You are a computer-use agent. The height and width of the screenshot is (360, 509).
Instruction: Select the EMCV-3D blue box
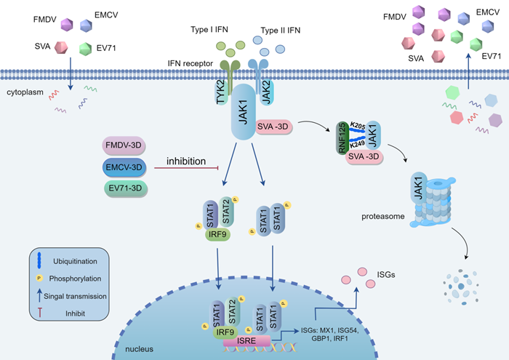[x=122, y=167]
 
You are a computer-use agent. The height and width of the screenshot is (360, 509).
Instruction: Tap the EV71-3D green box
[x=122, y=188]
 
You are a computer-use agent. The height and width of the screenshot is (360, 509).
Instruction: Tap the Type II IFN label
[x=278, y=30]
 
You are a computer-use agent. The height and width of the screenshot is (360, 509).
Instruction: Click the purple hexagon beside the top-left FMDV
[x=68, y=24]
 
